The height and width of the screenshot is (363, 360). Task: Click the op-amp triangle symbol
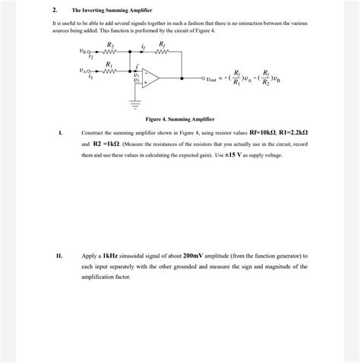(149, 77)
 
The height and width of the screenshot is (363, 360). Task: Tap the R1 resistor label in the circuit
(111, 65)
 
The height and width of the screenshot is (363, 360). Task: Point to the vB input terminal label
(83, 52)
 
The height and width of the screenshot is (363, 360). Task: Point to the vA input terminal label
(83, 71)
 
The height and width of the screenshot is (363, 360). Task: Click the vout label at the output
(215, 77)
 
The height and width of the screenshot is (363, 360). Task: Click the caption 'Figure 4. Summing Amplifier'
(180, 120)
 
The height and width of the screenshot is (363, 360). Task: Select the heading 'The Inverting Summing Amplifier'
(112, 11)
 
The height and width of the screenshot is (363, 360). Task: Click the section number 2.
(55, 11)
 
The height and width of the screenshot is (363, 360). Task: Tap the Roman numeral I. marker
(60, 132)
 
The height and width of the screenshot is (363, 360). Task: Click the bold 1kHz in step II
(110, 256)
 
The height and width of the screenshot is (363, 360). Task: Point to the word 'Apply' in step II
(90, 256)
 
